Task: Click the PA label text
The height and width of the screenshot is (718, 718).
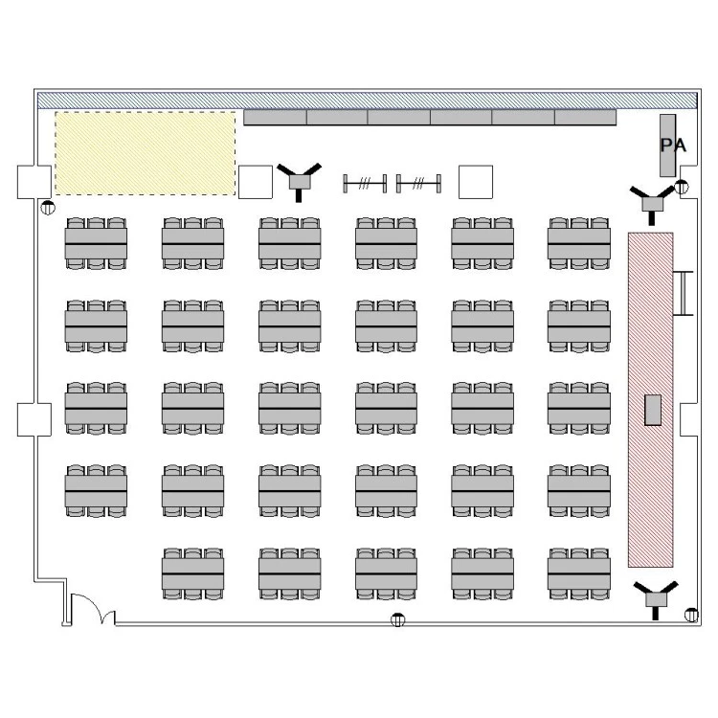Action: tap(673, 146)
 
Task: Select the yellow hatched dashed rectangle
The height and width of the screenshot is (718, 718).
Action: tap(146, 153)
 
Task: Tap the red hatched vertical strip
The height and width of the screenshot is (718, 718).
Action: tap(650, 400)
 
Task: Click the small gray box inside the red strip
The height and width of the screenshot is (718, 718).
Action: tap(653, 410)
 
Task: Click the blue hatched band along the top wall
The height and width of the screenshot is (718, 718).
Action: tap(368, 101)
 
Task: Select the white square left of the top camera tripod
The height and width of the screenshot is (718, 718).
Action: tap(256, 182)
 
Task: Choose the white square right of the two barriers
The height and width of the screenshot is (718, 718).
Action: tap(476, 182)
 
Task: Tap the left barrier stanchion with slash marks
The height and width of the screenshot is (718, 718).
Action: tap(365, 184)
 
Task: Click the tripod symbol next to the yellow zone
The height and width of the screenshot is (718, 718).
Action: tap(299, 181)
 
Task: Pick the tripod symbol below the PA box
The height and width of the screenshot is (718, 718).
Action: tap(652, 204)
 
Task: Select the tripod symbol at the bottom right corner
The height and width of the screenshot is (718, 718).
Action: tap(656, 599)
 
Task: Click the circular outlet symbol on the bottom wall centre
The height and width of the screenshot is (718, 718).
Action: tap(398, 620)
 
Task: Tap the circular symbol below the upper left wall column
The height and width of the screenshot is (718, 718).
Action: tap(48, 208)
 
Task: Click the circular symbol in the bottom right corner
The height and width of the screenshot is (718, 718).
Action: tap(691, 615)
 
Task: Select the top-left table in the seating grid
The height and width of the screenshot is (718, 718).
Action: tap(96, 243)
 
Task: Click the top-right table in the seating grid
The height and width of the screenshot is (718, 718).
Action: tap(579, 243)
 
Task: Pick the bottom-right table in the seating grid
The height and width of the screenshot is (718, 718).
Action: tap(579, 573)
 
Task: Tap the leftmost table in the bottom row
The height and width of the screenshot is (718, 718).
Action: tap(192, 573)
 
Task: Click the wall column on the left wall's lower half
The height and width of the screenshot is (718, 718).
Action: tap(34, 419)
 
